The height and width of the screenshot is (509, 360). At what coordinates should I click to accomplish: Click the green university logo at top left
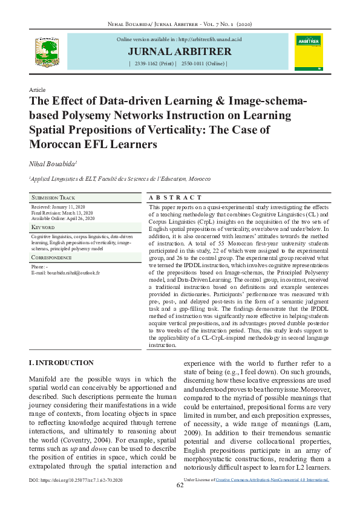pos(46,52)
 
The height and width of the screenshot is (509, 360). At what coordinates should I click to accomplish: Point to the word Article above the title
pos(38,89)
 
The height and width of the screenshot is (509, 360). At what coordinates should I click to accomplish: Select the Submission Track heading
pos(53,198)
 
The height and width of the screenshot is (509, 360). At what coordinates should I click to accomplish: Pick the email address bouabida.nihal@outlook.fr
pos(70,273)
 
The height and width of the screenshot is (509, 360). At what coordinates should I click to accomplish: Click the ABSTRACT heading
pos(175,198)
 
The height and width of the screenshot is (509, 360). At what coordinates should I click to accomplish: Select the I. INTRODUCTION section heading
pos(61,363)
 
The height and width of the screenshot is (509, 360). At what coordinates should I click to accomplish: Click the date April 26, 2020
pos(80,218)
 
